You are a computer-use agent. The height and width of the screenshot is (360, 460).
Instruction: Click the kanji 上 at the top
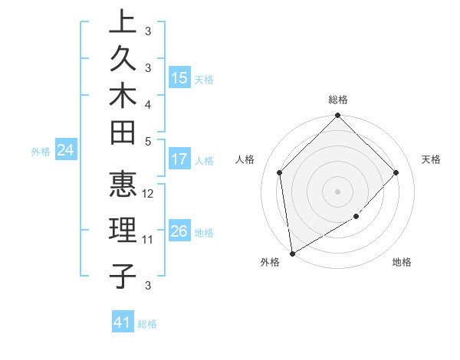pyautogui.click(x=123, y=21)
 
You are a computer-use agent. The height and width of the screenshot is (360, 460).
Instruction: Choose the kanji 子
pyautogui.click(x=123, y=275)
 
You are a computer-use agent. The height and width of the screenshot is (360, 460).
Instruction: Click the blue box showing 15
pyautogui.click(x=179, y=77)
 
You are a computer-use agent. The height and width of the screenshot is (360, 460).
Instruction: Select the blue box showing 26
pyautogui.click(x=179, y=231)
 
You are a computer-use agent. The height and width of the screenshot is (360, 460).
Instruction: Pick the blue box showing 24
pyautogui.click(x=66, y=150)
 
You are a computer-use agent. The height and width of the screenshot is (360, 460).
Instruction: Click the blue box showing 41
pyautogui.click(x=123, y=322)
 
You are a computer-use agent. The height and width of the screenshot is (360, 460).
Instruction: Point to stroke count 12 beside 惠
pyautogui.click(x=149, y=194)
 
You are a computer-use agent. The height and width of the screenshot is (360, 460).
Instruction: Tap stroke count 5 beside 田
pyautogui.click(x=148, y=141)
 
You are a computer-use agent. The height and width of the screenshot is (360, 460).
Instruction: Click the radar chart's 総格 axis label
pyautogui.click(x=338, y=100)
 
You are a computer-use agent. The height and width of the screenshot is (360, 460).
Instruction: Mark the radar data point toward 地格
pyautogui.click(x=356, y=218)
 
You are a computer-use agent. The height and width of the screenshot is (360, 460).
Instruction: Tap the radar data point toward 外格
pyautogui.click(x=292, y=253)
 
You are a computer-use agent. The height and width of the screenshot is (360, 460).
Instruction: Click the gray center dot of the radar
pyautogui.click(x=337, y=191)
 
